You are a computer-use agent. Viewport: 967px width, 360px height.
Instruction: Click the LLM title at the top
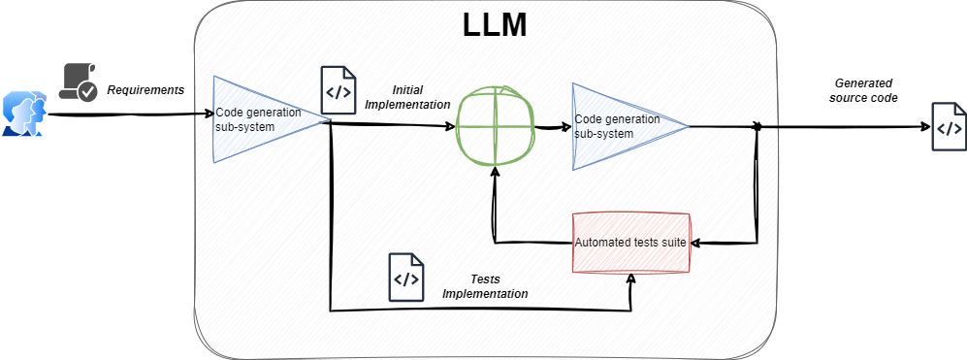pos(495,25)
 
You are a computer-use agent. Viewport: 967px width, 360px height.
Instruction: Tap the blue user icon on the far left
pos(24,113)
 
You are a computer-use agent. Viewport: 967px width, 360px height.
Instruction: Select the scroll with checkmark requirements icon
pos(78,82)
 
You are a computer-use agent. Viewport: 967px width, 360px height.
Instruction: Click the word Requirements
pos(145,90)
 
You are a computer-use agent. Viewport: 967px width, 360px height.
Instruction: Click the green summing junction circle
pos(494,126)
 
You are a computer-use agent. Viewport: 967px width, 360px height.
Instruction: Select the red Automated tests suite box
pos(630,243)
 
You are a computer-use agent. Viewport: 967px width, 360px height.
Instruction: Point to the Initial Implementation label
pos(407,98)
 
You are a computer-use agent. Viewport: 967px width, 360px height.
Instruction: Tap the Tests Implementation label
pos(485,286)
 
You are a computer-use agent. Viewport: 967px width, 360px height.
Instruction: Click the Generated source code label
pos(863,90)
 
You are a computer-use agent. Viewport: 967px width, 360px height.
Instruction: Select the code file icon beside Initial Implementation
pos(338,90)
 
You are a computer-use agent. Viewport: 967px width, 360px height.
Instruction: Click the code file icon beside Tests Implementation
pos(405,278)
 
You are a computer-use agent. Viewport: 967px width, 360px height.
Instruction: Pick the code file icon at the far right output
pos(949,126)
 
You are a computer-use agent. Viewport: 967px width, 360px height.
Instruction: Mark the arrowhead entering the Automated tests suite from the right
pos(695,243)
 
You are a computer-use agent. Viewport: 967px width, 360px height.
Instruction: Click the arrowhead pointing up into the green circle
pos(494,173)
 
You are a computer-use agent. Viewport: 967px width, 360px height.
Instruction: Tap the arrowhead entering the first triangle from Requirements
pos(208,115)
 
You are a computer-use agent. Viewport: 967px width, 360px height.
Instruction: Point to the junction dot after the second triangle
pos(757,127)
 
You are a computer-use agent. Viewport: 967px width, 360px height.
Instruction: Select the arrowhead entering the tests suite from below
pos(630,278)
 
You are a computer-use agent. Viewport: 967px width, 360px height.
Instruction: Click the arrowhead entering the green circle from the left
pos(450,126)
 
